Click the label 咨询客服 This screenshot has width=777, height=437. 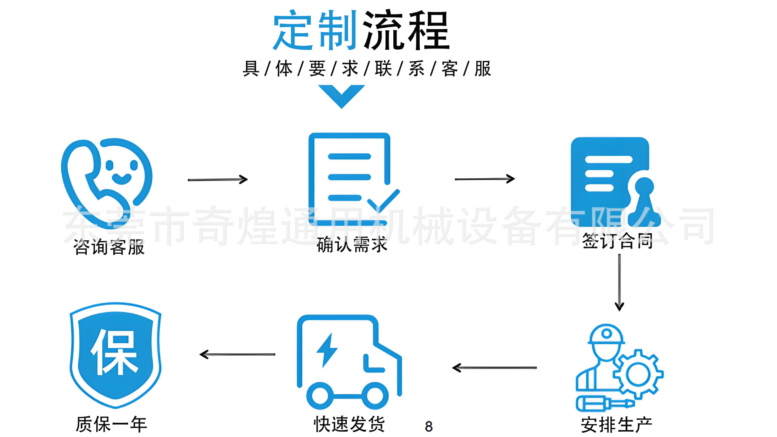109,247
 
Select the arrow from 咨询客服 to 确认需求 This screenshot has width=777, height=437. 218,179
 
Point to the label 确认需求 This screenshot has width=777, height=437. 352,245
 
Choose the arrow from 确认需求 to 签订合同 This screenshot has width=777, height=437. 484,178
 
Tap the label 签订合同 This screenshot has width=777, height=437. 617,241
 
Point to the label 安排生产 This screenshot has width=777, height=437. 616,425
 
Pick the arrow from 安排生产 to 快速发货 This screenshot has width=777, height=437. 495,367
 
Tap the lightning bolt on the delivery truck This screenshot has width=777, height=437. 327,350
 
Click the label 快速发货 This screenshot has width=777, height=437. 349,424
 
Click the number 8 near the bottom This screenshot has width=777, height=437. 429,426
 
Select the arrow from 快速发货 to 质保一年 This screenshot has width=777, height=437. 238,354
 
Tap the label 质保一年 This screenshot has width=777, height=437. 111,424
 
